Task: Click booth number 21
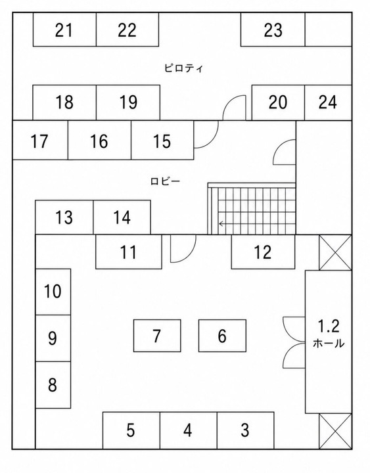point(64,30)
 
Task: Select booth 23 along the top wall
point(273,30)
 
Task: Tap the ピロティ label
point(183,68)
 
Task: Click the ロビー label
point(165,181)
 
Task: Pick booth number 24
point(328,102)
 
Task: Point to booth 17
point(40,141)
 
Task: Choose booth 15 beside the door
point(162,141)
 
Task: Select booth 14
point(122,217)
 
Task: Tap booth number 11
point(129,252)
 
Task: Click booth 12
point(263,252)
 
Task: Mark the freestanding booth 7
point(157,336)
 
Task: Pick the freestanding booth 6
point(222,336)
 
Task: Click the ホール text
point(329,344)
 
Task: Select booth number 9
point(53,338)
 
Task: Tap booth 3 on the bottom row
point(245,430)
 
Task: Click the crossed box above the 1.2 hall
point(336,252)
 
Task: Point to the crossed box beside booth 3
point(336,432)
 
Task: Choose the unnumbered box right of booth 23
point(329,30)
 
